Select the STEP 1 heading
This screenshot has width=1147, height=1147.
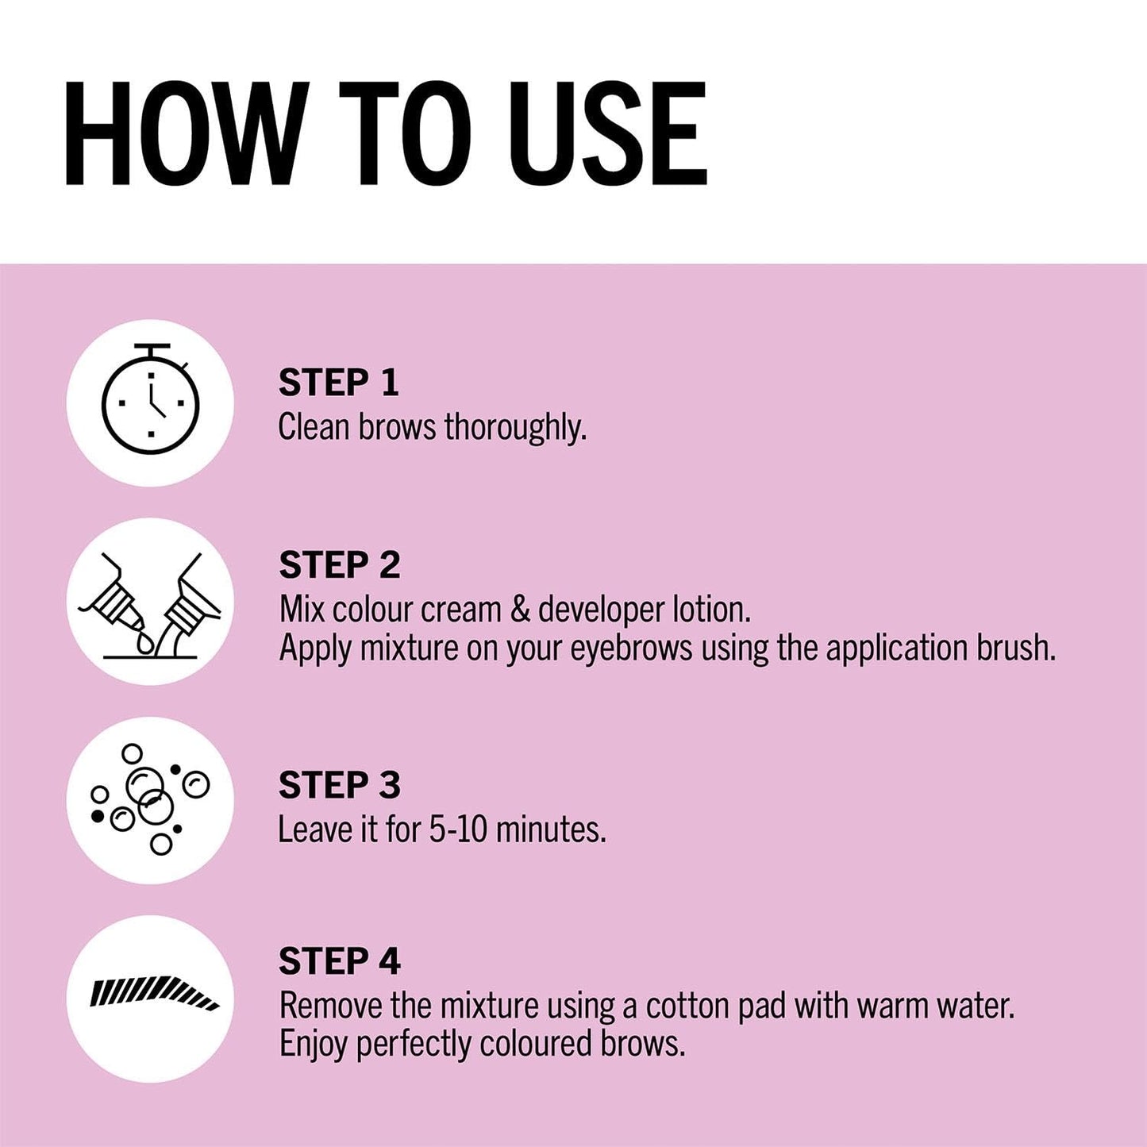(338, 383)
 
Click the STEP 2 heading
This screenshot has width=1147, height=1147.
(339, 565)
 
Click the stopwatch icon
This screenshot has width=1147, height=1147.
(151, 399)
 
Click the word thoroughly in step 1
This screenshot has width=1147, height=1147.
(515, 429)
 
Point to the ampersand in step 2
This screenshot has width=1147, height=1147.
(520, 610)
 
